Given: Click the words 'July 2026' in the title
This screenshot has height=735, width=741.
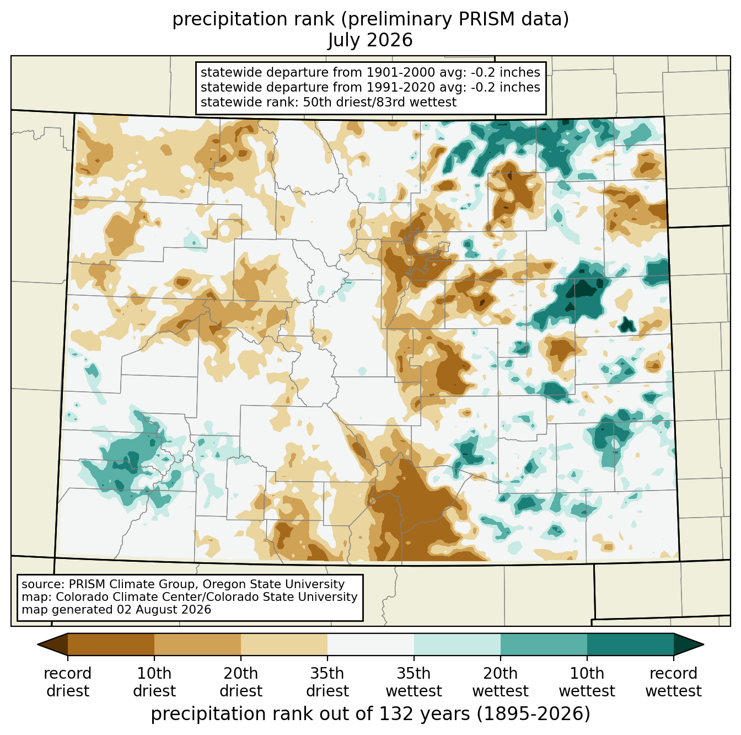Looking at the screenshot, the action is tap(370, 40).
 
